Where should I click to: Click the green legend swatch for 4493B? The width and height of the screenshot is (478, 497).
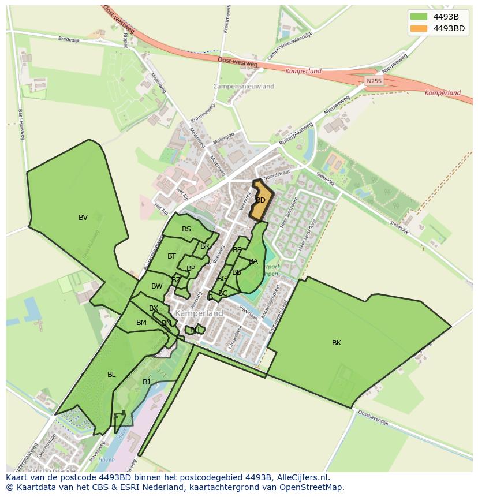419,17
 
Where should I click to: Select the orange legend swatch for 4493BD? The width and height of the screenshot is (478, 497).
419,28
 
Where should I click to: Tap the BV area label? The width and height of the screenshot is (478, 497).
83,218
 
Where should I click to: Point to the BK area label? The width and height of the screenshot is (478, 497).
337,343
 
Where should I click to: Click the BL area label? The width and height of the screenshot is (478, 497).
111,375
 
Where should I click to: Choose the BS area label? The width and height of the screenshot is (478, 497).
186,229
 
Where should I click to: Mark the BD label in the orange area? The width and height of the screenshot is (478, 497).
260,200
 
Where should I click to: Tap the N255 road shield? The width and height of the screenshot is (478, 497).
374,81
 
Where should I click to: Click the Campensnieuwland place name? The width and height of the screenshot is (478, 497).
236,87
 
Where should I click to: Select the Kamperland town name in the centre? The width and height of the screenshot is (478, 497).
199,313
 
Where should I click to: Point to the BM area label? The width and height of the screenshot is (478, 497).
141,323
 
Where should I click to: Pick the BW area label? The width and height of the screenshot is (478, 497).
157,286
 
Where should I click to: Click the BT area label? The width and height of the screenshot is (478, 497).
172,256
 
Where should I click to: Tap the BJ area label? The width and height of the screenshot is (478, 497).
147,382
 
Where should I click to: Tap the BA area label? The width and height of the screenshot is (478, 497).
253,261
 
